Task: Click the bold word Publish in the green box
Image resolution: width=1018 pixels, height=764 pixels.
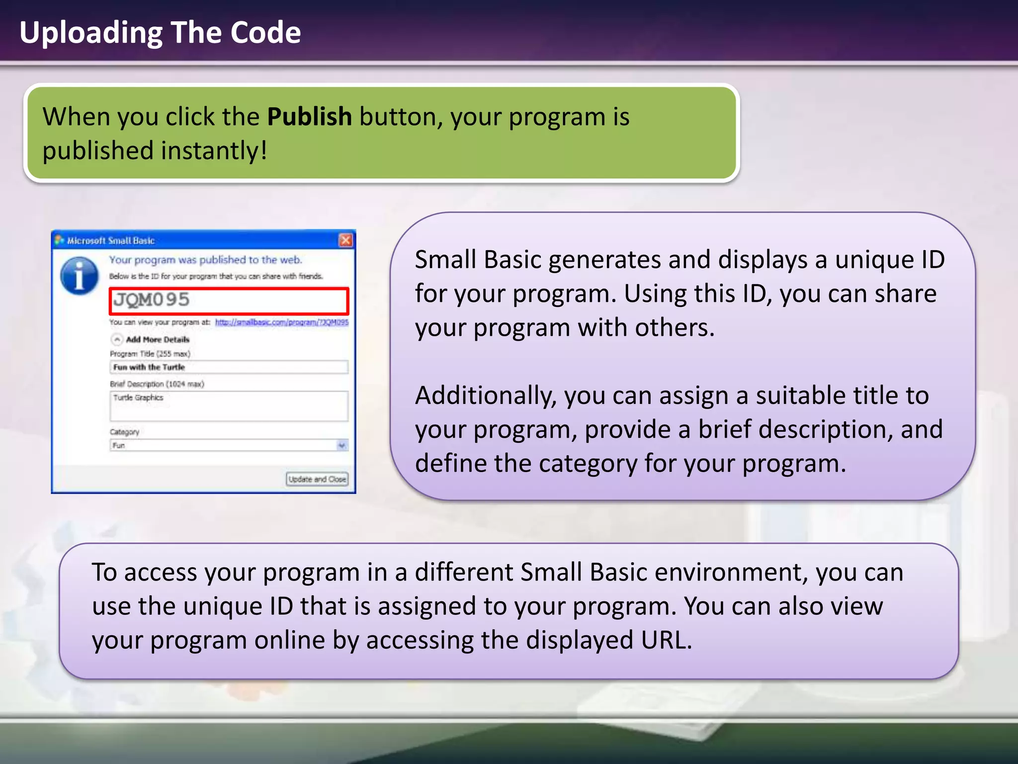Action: [x=309, y=117]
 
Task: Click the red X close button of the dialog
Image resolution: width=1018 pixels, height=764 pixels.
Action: [x=345, y=241]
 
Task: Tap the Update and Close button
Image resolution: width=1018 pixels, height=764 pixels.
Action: [x=317, y=479]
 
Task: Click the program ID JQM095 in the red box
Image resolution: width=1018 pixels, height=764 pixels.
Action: [x=152, y=300]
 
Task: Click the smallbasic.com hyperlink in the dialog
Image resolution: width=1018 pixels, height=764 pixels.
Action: [x=281, y=322]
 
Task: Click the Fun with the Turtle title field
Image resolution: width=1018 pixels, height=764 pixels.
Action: [x=228, y=367]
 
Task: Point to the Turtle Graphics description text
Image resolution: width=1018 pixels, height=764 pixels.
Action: [x=138, y=397]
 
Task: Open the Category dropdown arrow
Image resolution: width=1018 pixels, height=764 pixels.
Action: [x=341, y=445]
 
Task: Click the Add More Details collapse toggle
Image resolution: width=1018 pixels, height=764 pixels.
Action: [x=117, y=339]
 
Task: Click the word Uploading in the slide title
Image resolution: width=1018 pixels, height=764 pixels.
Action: [x=91, y=33]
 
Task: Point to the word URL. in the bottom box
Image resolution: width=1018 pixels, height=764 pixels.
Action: [x=666, y=640]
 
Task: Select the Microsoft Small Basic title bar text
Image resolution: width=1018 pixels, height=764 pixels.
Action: [x=111, y=241]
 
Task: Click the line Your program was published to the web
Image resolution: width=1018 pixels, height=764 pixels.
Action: [x=205, y=260]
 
